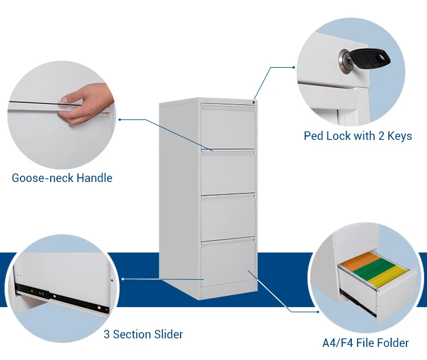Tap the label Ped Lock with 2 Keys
coord(358,136)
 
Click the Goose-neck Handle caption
coord(62,178)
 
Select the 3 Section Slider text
coord(143,334)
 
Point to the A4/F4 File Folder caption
coord(365,343)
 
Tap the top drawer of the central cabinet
coord(228,127)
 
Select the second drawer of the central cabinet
coord(228,172)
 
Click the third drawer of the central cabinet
coord(228,217)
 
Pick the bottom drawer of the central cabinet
coord(228,261)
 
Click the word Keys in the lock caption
coord(399,136)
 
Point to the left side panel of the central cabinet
coord(180,193)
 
